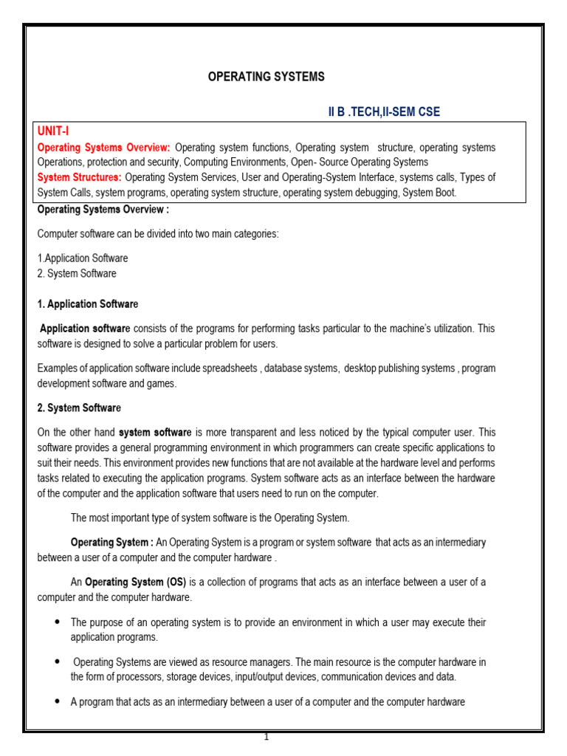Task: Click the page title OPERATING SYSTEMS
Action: tap(266, 77)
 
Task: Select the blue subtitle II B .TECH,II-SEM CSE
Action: tap(384, 111)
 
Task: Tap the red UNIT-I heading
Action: tap(53, 131)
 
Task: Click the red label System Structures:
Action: tap(80, 177)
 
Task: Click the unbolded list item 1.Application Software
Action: tap(83, 258)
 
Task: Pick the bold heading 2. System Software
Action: tap(79, 408)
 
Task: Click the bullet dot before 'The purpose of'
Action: tap(57, 622)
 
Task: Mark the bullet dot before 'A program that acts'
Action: tap(57, 702)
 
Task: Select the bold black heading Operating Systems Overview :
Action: tap(103, 210)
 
